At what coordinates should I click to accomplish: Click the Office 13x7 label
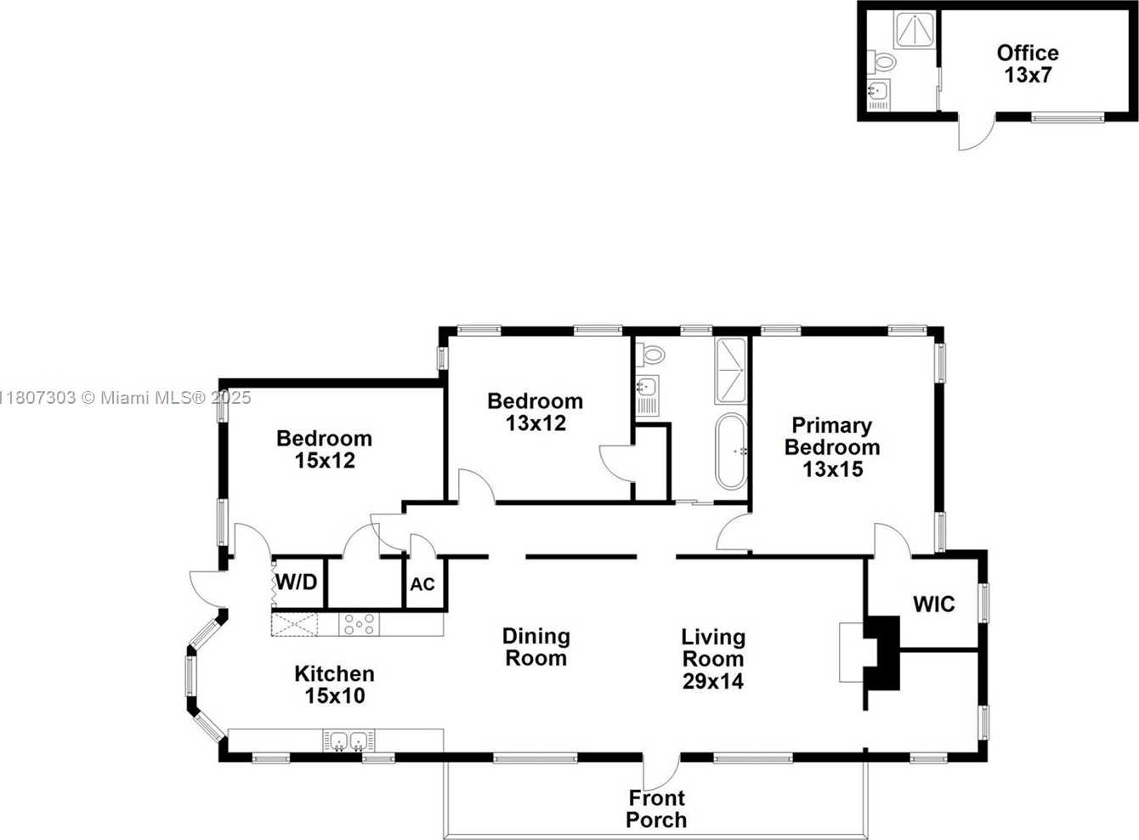tap(1028, 64)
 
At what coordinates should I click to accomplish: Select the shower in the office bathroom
tap(914, 30)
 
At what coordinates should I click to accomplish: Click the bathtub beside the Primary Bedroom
tap(731, 451)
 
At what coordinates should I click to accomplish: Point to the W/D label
tap(297, 582)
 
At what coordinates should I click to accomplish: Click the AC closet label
tap(422, 585)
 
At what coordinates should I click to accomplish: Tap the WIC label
tap(934, 604)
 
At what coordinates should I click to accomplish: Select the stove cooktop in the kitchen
tap(359, 624)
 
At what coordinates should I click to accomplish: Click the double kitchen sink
tap(348, 741)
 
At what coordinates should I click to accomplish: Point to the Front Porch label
tap(656, 809)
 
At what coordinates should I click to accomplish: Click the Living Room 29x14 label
tap(713, 659)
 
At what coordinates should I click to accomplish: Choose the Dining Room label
tap(536, 647)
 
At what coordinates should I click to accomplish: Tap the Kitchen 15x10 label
tap(335, 685)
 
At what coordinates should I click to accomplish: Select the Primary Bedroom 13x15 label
tap(832, 447)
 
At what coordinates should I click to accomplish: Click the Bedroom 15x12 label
tap(325, 450)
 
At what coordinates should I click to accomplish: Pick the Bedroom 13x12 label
tap(535, 412)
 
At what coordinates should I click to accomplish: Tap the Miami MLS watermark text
tap(126, 398)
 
